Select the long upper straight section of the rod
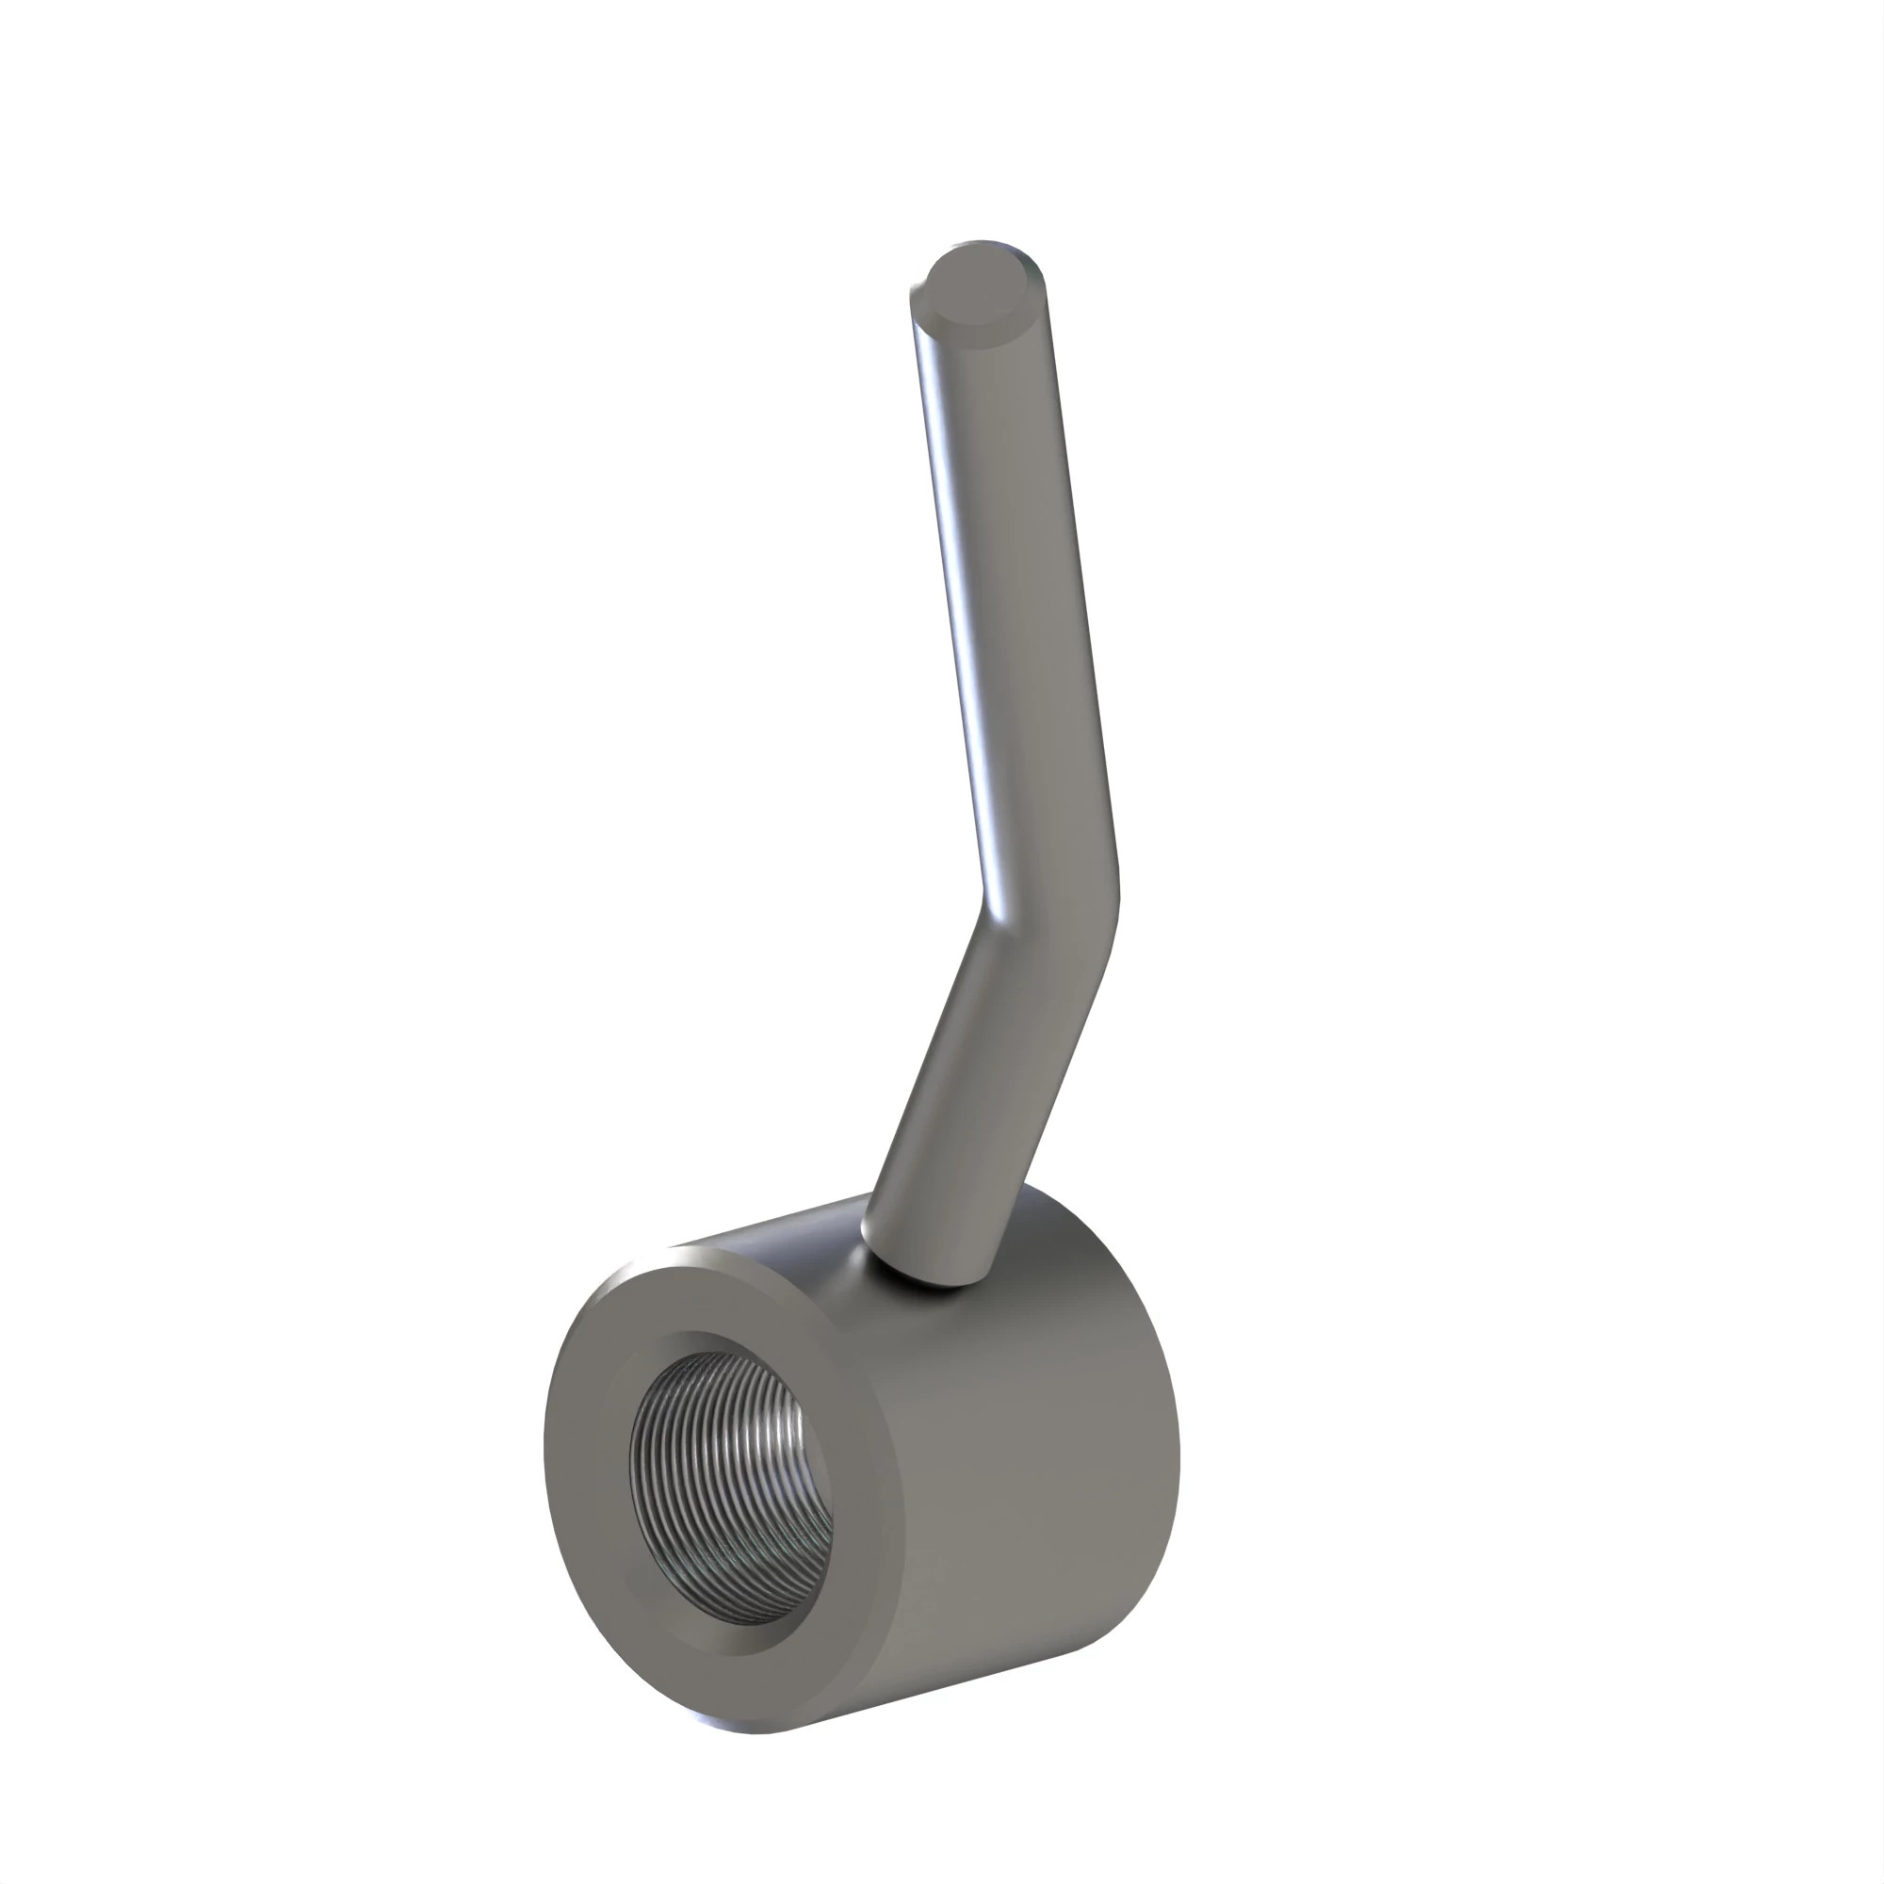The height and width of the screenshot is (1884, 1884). pos(1015,585)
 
